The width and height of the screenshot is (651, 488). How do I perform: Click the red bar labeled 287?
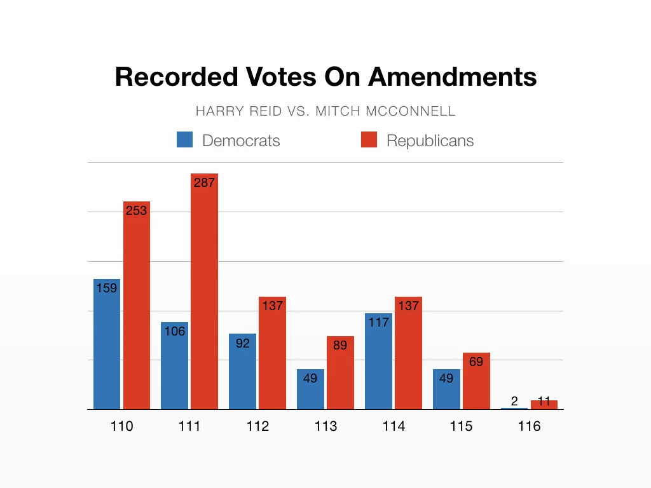pos(204,292)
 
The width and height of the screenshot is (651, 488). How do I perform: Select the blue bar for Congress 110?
pos(106,346)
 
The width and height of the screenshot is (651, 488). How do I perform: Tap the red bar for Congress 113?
pos(340,375)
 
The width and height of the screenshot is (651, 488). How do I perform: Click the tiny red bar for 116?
pos(544,405)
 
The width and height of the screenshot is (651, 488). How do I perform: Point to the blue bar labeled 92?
pos(242,375)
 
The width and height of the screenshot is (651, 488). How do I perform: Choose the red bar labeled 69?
pos(476,384)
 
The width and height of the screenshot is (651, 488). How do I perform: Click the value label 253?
pos(136,210)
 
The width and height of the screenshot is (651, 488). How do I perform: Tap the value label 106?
pos(174,331)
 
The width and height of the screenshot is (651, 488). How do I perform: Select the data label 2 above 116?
pos(514,401)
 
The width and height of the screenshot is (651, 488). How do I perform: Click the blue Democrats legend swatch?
pos(184,140)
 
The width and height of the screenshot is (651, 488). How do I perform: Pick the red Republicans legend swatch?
pos(369,140)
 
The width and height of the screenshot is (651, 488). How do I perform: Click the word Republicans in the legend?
pos(430,140)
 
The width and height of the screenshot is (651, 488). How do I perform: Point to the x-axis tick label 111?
pos(189,426)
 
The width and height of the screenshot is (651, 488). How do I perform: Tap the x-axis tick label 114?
pos(394,426)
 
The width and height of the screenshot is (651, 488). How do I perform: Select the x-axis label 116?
pos(529,426)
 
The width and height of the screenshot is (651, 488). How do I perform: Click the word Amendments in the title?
pos(453,77)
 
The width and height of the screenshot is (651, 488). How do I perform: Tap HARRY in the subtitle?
pos(215,111)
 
